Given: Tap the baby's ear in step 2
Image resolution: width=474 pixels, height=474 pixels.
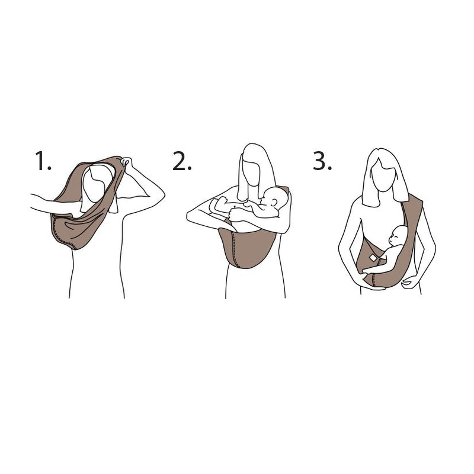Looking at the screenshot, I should pyautogui.click(x=271, y=201).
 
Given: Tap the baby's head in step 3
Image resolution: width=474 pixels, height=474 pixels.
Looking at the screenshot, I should pyautogui.click(x=398, y=237).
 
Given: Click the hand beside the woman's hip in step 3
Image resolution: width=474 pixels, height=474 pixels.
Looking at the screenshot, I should pyautogui.click(x=409, y=283).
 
